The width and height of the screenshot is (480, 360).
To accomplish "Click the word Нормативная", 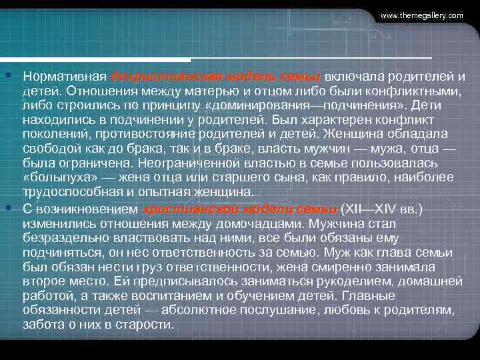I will point(64,75).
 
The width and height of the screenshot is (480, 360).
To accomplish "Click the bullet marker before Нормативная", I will point(7,75).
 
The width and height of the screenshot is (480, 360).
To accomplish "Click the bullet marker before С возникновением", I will point(7,208).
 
